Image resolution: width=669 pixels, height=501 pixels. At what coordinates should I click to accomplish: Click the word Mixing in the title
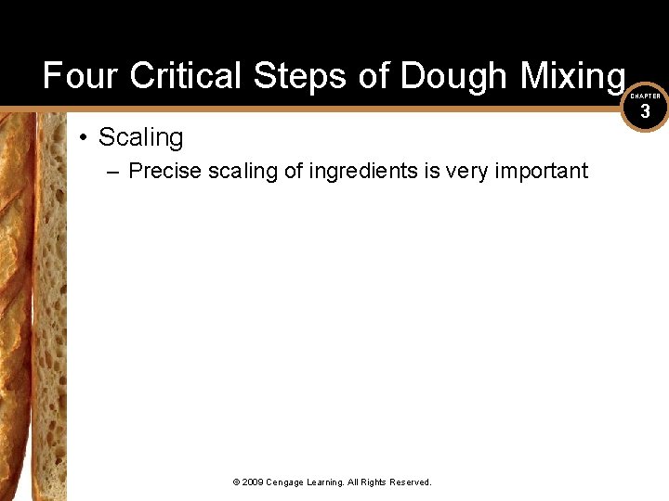(x=573, y=76)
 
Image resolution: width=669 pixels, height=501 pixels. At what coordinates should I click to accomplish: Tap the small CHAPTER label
(x=645, y=96)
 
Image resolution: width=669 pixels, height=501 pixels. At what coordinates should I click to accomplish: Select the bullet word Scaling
(x=141, y=137)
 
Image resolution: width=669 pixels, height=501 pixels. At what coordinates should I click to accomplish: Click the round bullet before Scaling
(x=84, y=138)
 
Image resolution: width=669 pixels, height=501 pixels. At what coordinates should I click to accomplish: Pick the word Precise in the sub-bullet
(x=164, y=171)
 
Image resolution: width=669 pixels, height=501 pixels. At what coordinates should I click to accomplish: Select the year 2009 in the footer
(x=253, y=482)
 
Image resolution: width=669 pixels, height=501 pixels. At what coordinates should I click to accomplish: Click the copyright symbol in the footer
(x=236, y=482)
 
